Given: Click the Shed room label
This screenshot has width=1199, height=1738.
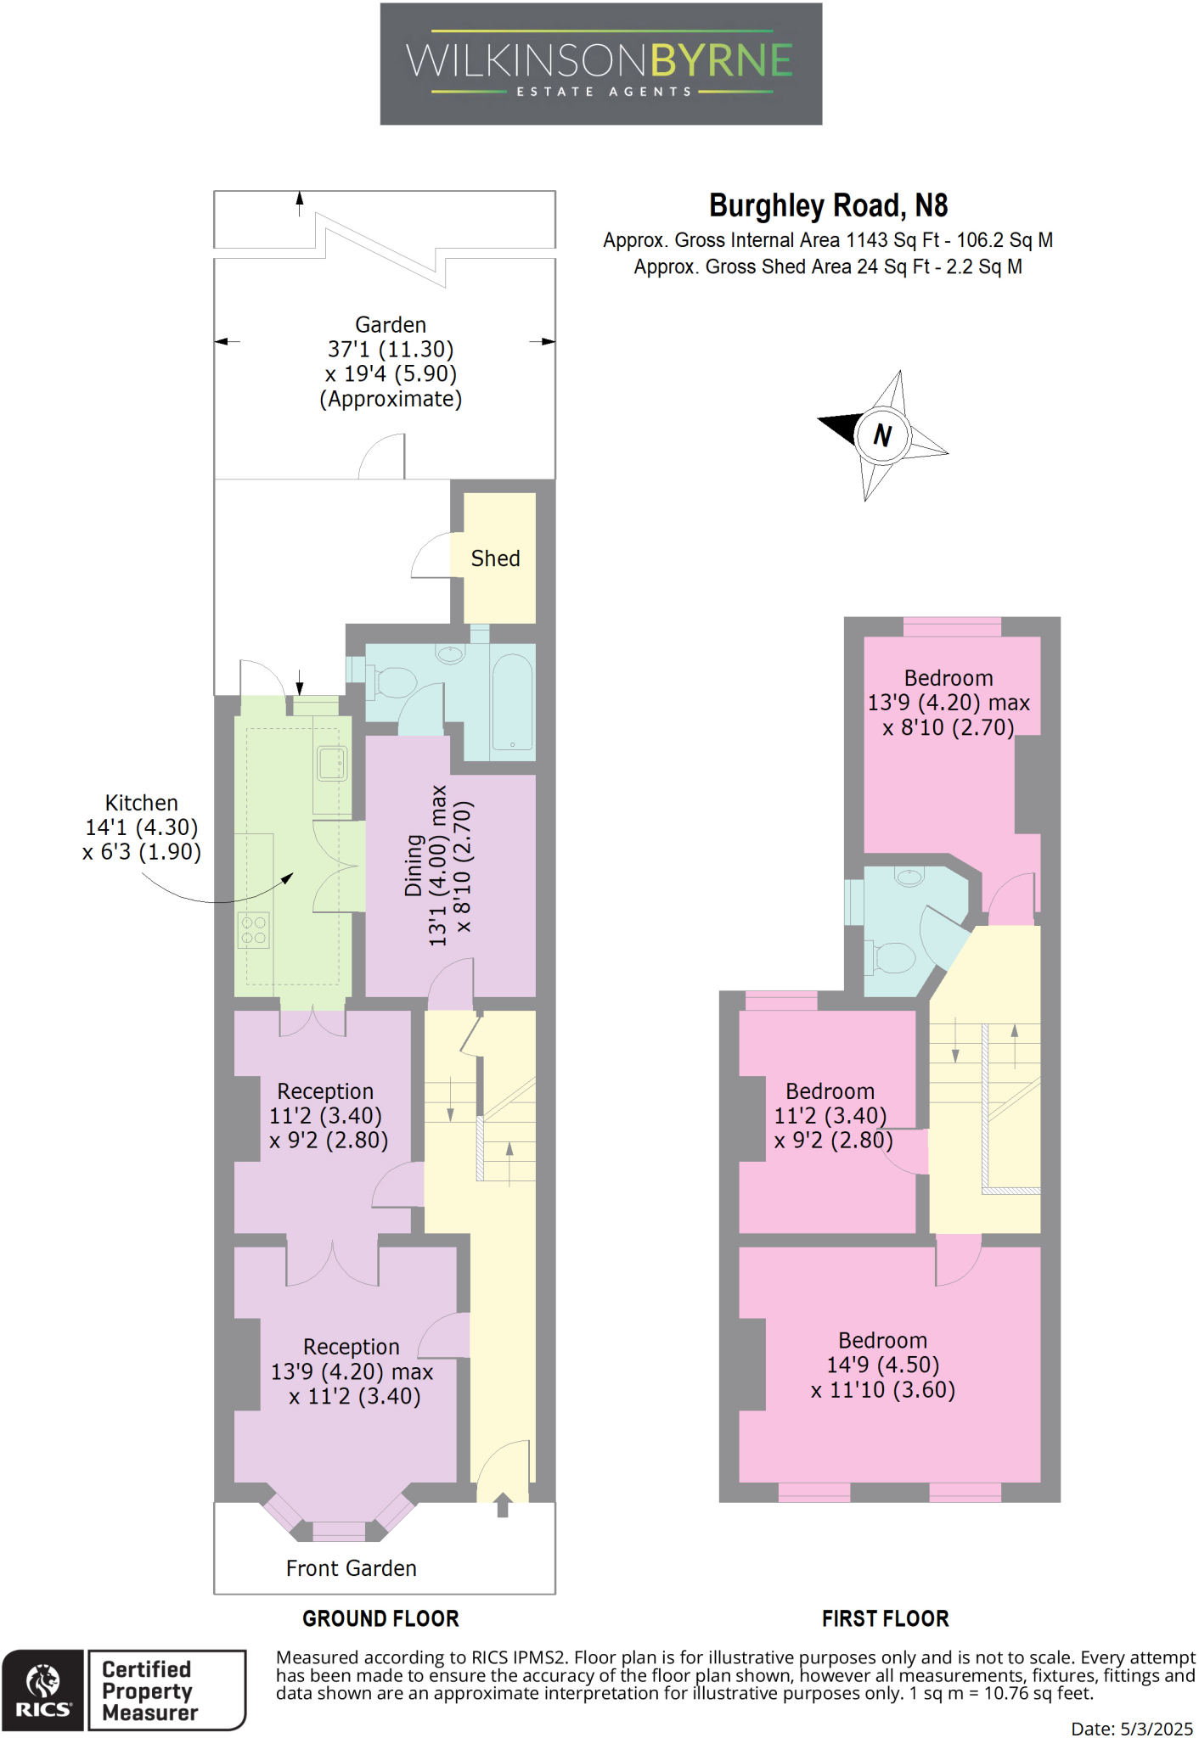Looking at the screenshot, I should (x=495, y=558).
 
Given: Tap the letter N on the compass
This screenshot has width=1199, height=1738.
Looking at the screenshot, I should (x=882, y=435).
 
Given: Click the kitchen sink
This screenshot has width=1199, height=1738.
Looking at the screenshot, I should (x=331, y=763).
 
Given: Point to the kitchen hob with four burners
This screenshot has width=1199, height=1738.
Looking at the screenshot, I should (x=253, y=929).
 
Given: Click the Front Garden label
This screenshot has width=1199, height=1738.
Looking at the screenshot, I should (x=351, y=1568).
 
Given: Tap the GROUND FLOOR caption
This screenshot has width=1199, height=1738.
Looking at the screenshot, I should (x=380, y=1618).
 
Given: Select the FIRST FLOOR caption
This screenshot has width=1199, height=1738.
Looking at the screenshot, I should (x=885, y=1618).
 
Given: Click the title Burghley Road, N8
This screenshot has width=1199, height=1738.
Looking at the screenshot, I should (x=828, y=205).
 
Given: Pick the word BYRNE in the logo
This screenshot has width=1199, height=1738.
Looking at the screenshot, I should (x=722, y=61).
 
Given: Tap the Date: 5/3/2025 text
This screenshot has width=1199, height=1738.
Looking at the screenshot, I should (x=1131, y=1729).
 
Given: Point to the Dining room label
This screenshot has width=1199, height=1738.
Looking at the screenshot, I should (x=414, y=865).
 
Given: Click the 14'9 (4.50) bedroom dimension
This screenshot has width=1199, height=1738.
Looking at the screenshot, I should (x=882, y=1365).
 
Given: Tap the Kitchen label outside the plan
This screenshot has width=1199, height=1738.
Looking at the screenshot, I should (x=141, y=803).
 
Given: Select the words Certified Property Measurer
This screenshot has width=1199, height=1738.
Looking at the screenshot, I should (x=149, y=1690).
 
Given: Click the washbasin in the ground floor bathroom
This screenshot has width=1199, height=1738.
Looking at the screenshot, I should (x=450, y=654).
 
